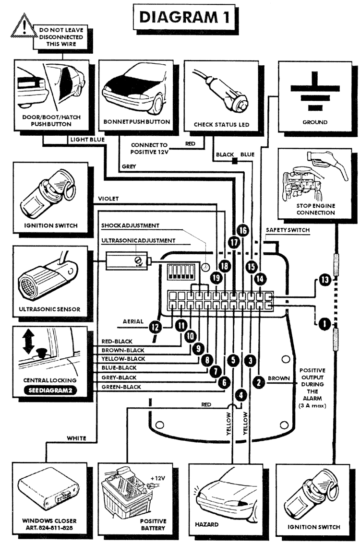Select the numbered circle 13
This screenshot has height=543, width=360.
(x=324, y=281)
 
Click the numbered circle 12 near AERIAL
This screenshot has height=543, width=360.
(x=155, y=328)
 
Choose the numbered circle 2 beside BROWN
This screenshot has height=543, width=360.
(x=259, y=382)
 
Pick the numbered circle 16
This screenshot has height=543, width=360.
(x=243, y=231)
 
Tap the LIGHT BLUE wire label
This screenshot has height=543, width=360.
(x=87, y=139)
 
